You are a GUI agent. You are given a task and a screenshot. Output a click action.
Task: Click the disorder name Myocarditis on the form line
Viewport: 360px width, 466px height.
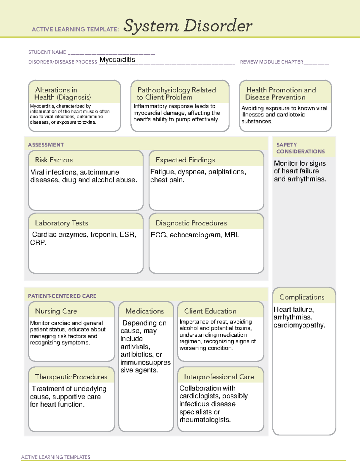[117, 60]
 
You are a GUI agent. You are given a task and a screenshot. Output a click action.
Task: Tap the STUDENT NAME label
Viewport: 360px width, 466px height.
[47, 52]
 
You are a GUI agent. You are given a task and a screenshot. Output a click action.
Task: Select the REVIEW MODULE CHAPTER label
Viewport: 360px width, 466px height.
[271, 62]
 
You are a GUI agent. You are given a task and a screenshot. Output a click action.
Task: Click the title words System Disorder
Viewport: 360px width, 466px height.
[188, 26]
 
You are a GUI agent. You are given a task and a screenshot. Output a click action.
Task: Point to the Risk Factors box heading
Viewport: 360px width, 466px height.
[54, 160]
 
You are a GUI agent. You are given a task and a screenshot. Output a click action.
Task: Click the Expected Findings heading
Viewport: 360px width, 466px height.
[185, 160]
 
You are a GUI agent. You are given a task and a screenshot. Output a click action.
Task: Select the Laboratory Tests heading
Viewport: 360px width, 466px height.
[61, 223]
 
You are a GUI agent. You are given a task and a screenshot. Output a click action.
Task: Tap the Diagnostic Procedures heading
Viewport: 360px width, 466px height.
[191, 223]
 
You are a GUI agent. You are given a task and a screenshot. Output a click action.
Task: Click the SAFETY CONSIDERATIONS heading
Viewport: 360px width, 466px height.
[300, 148]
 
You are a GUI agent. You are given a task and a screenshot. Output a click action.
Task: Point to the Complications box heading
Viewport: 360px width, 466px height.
[302, 297]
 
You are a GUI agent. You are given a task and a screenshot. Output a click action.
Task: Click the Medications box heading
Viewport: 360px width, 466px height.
[145, 311]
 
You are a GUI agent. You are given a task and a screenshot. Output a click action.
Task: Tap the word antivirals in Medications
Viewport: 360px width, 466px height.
[135, 347]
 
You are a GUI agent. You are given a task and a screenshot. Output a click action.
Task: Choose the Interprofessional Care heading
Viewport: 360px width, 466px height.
[219, 377]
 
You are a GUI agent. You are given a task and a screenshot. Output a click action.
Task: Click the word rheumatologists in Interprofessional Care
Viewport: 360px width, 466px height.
[205, 420]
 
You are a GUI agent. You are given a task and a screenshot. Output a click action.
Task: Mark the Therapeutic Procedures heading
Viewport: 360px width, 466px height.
[71, 377]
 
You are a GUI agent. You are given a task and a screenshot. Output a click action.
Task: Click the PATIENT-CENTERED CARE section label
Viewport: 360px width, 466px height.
[62, 296]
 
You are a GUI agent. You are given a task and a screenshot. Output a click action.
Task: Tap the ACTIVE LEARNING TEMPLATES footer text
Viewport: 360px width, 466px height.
[56, 457]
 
